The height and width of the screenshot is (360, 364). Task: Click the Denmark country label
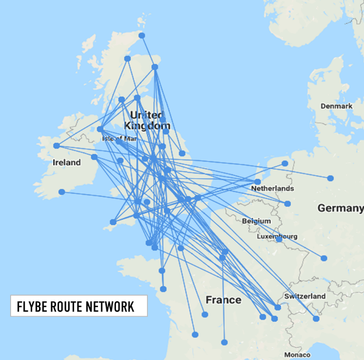tap(337, 106)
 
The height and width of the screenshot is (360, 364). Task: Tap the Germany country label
tap(340, 209)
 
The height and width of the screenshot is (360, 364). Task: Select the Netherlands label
tap(272, 188)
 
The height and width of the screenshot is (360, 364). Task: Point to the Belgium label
tap(257, 221)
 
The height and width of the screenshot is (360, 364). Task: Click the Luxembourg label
tap(277, 237)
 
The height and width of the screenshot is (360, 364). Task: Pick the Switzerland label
tap(304, 296)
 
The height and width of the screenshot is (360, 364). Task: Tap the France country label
tap(223, 300)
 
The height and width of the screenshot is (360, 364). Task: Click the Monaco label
tap(296, 354)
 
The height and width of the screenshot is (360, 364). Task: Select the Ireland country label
tap(67, 162)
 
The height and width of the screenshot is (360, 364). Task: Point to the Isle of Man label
tap(119, 139)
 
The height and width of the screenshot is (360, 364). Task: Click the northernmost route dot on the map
tap(142, 35)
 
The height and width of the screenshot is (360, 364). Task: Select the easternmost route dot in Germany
tap(330, 178)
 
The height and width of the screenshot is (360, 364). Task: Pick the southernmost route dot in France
tap(224, 342)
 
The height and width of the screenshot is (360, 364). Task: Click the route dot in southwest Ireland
tap(62, 192)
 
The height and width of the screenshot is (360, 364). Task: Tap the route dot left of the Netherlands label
tap(258, 181)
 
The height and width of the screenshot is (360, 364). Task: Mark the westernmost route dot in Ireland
tap(56, 145)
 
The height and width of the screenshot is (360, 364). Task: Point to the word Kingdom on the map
tap(147, 126)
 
